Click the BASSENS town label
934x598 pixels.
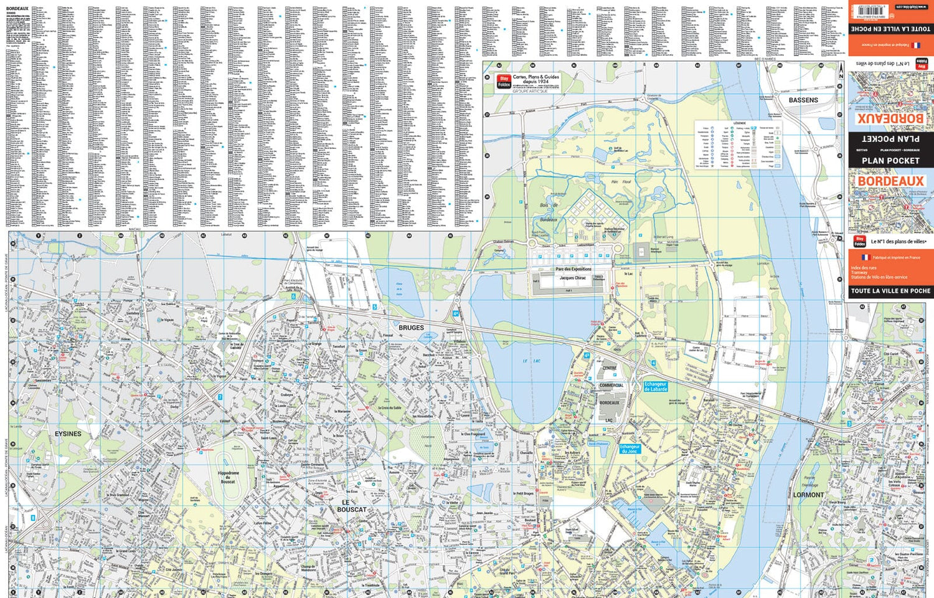[803, 100]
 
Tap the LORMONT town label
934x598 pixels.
[808, 495]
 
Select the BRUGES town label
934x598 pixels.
[411, 328]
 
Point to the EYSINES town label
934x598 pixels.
[68, 434]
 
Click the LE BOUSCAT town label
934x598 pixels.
[351, 506]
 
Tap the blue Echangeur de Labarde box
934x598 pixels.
[656, 387]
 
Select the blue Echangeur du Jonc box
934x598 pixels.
[630, 448]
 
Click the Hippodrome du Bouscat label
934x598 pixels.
[228, 477]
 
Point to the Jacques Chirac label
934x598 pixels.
[572, 278]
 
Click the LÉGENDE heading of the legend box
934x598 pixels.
[739, 123]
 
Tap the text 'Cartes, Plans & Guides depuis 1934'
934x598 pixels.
[535, 79]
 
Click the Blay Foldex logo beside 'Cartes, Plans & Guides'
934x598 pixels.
[504, 82]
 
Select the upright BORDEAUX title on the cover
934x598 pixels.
[890, 181]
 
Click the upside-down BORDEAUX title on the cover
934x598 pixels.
[890, 118]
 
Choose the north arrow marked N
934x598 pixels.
[841, 70]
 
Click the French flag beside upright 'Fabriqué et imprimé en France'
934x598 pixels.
[865, 257]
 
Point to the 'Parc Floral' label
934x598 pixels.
[621, 182]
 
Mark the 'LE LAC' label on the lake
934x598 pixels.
[531, 361]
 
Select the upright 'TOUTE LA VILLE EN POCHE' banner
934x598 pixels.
[890, 291]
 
